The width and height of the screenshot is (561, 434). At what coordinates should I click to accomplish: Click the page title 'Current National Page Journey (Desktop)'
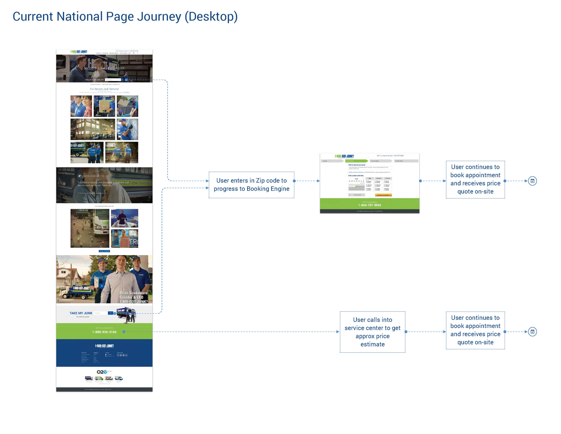pos(125,16)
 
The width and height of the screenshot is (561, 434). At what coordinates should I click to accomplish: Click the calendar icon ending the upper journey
pos(532,181)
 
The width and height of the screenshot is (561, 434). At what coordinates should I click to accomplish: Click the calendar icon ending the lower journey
pos(532,332)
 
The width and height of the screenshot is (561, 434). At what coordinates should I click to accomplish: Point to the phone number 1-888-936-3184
pos(104,332)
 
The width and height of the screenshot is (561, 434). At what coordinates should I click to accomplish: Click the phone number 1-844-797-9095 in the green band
pos(369,205)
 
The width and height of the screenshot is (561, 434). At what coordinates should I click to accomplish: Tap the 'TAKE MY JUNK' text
pos(81,313)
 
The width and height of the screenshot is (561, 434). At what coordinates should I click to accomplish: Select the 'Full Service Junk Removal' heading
pos(104,89)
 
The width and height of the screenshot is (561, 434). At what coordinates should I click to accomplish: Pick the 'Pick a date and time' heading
pos(355,176)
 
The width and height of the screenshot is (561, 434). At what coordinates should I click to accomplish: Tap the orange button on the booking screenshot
pos(383,195)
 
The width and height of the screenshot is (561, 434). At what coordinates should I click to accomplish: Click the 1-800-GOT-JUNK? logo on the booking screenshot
pos(344,156)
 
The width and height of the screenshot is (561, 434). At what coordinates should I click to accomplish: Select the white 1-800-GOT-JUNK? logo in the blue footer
pos(104,346)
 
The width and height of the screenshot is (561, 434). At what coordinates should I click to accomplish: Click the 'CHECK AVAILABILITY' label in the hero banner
pos(94,80)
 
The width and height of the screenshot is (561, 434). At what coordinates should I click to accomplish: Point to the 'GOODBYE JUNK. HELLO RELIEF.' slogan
pos(104,68)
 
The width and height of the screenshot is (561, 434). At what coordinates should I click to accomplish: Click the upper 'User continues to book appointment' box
pos(475,179)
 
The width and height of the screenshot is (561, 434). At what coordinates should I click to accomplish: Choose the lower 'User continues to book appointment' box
pos(475,330)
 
